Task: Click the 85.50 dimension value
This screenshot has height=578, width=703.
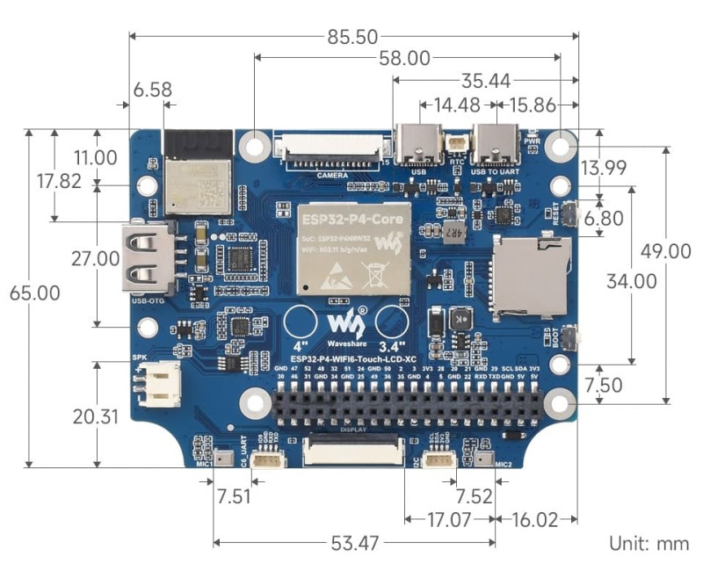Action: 351,37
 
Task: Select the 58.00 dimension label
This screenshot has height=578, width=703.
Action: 404,59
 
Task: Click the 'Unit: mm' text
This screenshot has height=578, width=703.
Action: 649,543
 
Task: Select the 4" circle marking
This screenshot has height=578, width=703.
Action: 300,322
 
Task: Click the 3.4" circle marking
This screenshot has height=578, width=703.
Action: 393,322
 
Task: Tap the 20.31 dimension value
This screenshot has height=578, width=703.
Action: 95,416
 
